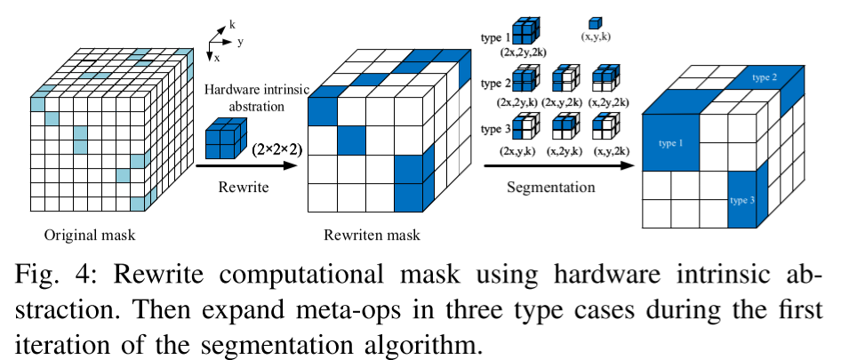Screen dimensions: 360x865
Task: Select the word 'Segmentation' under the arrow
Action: pyautogui.click(x=550, y=188)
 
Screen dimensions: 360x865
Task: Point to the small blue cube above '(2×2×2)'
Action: pyautogui.click(x=225, y=141)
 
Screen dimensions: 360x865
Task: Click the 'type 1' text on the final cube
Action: pyautogui.click(x=673, y=142)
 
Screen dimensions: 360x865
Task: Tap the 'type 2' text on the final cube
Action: pyautogui.click(x=765, y=78)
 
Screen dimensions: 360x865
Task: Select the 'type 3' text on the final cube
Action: pyautogui.click(x=743, y=200)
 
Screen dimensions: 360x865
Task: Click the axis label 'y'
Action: pyautogui.click(x=241, y=41)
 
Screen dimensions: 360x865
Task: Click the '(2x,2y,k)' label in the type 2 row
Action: pyautogui.click(x=521, y=103)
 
